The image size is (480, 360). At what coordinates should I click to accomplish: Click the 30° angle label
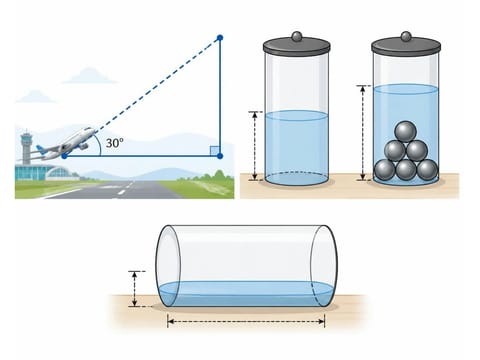114,143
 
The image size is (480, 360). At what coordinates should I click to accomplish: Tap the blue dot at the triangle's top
220,38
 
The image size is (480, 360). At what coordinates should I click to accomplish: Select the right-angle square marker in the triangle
215,151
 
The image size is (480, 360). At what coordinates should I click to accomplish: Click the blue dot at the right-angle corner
220,156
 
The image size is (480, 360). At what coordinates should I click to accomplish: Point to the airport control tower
26,148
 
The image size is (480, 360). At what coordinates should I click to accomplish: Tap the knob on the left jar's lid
296,36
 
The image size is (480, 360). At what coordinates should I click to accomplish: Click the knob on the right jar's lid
406,36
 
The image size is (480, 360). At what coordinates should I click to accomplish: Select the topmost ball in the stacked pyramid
405,132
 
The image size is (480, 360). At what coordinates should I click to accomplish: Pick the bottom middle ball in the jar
406,170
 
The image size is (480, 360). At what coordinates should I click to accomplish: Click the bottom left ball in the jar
385,170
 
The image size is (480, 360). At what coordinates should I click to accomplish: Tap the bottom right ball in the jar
427,170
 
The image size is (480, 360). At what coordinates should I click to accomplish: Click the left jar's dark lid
296,46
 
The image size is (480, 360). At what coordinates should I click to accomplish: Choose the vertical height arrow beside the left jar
255,146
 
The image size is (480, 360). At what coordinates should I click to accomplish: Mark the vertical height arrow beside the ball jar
363,133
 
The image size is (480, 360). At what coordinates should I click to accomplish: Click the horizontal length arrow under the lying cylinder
246,321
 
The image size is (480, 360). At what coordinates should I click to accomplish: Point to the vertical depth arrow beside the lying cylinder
134,289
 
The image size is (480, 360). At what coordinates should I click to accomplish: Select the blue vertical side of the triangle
220,97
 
